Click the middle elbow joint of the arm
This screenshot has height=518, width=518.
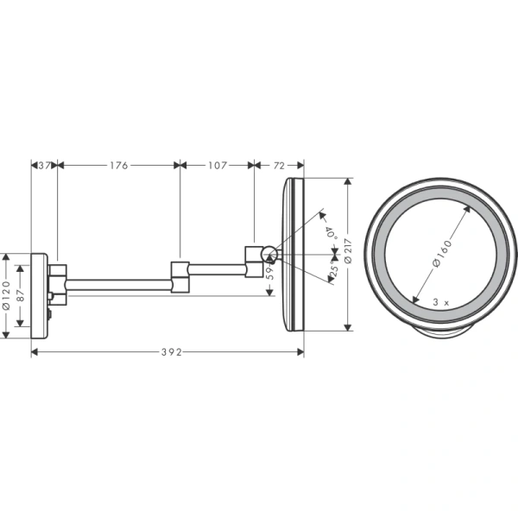click(180, 275)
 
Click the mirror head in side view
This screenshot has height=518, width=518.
click(294, 254)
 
